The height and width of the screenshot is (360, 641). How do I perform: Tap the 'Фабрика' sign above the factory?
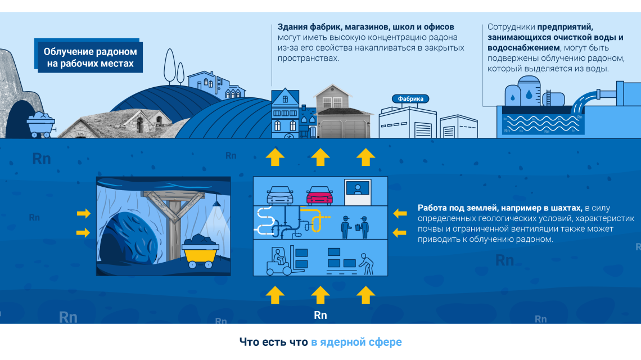point(410,98)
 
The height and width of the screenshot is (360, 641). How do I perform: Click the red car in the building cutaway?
point(320,196)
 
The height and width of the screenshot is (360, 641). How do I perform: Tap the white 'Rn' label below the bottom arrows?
point(320,315)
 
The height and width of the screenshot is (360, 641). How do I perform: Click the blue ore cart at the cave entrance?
point(41,125)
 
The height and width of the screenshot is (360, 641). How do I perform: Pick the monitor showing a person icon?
point(358,192)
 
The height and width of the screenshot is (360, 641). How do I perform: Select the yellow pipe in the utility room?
point(314,219)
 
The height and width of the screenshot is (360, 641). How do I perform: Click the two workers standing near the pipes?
point(355,227)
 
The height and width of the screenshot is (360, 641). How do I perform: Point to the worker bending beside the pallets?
point(366,264)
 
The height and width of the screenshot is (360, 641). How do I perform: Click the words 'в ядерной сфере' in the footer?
point(356,342)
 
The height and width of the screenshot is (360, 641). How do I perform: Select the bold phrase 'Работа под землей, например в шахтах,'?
point(499,208)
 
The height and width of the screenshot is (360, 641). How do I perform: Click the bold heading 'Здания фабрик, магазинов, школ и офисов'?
point(366,27)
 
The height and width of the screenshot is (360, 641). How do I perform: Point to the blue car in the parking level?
point(280,196)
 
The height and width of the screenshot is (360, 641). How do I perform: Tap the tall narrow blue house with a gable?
point(285,113)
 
